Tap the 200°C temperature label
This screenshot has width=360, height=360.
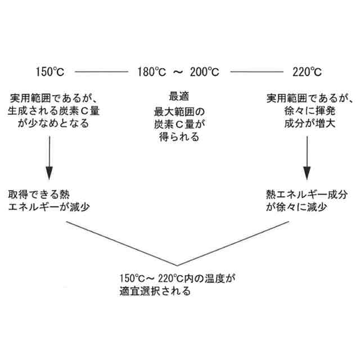click(204, 72)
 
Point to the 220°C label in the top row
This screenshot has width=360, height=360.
click(307, 72)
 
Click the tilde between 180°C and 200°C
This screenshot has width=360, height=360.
click(178, 72)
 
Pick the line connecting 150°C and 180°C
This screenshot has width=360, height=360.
click(102, 72)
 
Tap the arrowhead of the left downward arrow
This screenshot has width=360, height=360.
click(49, 173)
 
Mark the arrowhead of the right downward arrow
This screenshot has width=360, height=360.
click(308, 173)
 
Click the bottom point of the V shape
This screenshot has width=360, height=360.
click(178, 265)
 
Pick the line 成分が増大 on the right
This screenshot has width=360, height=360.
click(307, 124)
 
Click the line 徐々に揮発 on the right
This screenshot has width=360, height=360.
click(307, 111)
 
